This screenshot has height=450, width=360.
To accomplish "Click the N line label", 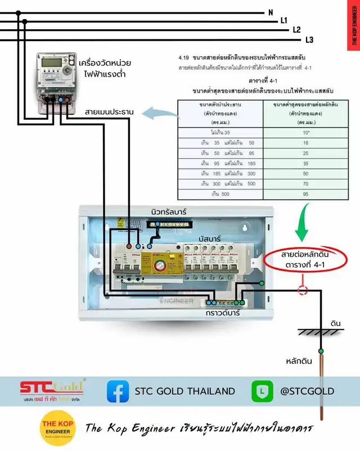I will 271,12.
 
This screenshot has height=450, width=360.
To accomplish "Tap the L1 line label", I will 284,21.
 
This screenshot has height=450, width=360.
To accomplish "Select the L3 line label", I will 309,39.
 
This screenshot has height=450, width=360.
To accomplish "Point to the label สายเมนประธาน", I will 109,112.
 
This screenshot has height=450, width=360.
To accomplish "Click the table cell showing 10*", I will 305,132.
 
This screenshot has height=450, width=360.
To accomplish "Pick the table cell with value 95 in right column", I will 305,193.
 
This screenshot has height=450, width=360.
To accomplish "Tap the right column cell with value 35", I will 305,163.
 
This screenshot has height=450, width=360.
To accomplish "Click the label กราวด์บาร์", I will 222,313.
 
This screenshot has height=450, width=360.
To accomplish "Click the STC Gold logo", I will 52,388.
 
